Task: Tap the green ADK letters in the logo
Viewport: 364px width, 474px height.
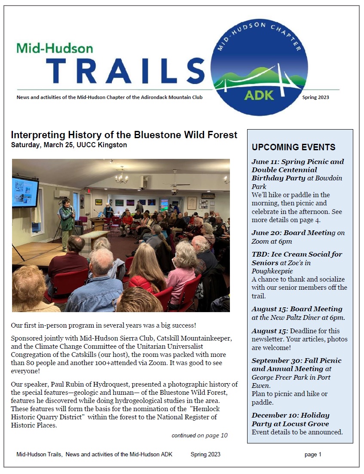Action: click(x=259, y=95)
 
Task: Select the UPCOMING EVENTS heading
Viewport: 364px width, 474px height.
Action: click(x=294, y=147)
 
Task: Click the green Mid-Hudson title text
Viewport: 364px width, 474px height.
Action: click(x=55, y=48)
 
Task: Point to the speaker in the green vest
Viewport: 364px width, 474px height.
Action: click(x=67, y=224)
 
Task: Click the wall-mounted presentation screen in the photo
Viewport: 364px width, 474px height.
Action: click(x=25, y=192)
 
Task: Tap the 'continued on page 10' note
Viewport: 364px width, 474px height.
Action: click(x=199, y=435)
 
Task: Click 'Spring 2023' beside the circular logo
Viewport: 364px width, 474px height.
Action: click(x=315, y=97)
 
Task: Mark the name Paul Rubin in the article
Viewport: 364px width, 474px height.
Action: click(x=68, y=384)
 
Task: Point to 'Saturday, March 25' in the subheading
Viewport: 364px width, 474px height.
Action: click(x=42, y=145)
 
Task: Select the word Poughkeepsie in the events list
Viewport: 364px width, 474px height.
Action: click(x=272, y=271)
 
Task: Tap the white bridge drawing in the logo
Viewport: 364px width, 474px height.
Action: click(x=259, y=77)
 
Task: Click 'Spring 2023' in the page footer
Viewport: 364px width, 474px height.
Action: click(x=205, y=454)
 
